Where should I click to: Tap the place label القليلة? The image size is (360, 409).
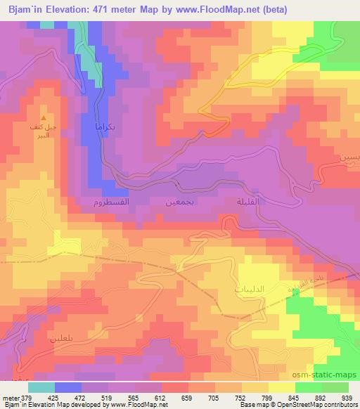[x=239, y=202]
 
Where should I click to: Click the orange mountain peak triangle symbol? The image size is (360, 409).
[x=45, y=117]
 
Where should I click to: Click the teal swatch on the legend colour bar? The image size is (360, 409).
[x=41, y=387]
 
